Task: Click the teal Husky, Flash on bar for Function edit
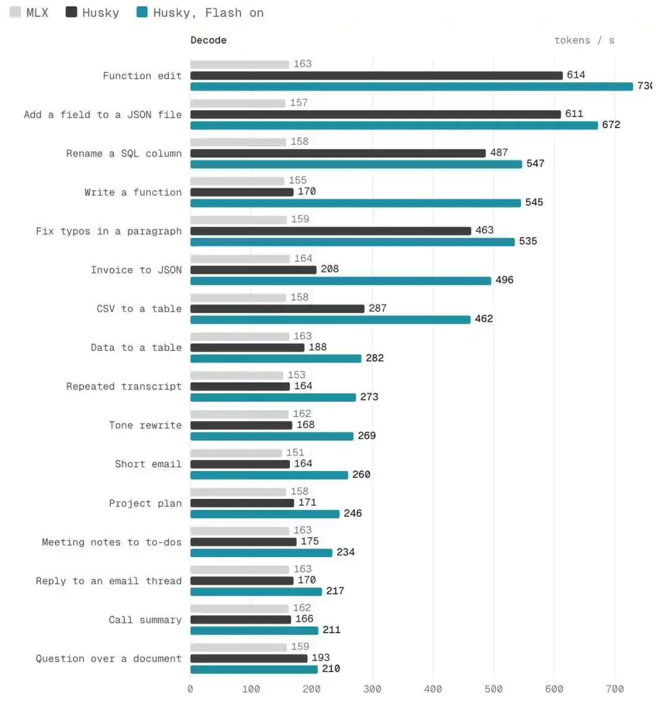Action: [411, 86]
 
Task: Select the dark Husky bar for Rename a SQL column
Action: [338, 154]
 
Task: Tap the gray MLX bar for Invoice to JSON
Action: [240, 259]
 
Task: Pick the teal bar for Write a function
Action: [356, 203]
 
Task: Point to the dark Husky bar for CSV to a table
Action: [277, 309]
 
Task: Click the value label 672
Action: [611, 124]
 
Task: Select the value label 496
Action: [504, 280]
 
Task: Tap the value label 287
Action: [377, 308]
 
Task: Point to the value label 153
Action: [297, 375]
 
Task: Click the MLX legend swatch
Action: [15, 12]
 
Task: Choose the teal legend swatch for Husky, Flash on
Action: [142, 12]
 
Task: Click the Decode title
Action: [208, 40]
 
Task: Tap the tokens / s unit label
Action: [584, 40]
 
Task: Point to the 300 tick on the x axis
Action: [372, 689]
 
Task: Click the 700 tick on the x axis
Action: [614, 689]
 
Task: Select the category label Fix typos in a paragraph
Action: [109, 231]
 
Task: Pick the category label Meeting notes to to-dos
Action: [111, 542]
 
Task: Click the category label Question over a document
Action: [109, 659]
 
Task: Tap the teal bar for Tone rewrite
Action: [272, 436]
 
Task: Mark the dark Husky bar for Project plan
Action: [242, 503]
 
